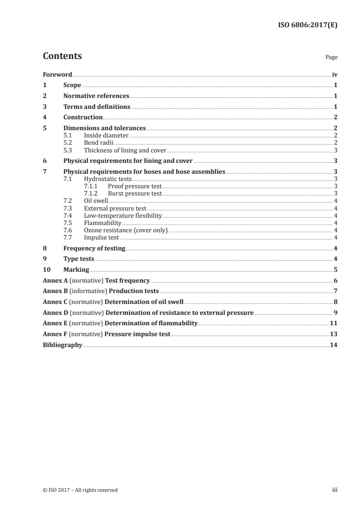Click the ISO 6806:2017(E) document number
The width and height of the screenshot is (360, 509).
point(307,25)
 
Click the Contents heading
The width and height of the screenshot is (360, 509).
point(62,56)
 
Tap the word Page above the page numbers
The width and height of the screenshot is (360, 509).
point(331,58)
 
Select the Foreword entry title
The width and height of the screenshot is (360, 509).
point(57,74)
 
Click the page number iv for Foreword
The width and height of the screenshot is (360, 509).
point(335,74)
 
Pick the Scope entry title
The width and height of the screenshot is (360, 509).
point(72,85)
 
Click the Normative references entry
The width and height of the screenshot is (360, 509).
point(96,96)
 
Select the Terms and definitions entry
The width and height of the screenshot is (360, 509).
point(97,107)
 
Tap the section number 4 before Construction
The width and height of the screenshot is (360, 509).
point(44,117)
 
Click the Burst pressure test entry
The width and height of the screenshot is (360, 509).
point(135,193)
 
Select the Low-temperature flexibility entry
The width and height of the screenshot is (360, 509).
point(123,215)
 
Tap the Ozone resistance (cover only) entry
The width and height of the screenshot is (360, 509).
point(126,230)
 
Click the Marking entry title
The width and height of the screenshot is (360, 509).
point(76,270)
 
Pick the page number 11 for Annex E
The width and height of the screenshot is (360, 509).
point(334,323)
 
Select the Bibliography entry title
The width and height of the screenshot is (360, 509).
point(62,345)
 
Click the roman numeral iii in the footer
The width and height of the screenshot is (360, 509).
point(335,490)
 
